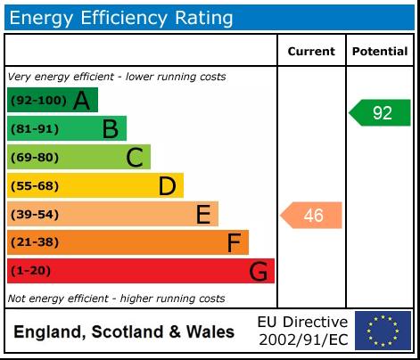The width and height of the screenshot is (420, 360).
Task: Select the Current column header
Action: click(x=311, y=52)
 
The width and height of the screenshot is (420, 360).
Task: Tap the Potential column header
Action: click(x=380, y=52)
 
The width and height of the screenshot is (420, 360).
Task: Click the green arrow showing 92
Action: click(x=380, y=113)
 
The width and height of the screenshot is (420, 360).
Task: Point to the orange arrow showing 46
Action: click(x=311, y=215)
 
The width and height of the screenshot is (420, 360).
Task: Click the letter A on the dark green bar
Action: click(x=81, y=101)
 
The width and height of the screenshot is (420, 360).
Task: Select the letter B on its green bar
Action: click(x=110, y=129)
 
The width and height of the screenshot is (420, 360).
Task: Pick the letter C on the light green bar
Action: click(x=135, y=158)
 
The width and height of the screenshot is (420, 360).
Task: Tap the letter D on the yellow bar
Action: click(x=167, y=186)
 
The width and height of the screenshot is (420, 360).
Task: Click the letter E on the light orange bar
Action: click(x=203, y=215)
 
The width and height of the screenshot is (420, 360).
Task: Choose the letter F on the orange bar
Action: click(x=234, y=243)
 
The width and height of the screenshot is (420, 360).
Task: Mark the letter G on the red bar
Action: click(x=259, y=272)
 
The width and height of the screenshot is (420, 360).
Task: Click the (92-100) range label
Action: click(x=37, y=101)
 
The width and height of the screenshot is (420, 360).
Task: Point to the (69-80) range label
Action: click(x=34, y=158)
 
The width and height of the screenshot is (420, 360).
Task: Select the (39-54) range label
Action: click(x=34, y=215)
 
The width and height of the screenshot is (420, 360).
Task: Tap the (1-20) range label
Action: click(x=31, y=272)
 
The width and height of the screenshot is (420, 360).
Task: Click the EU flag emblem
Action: click(x=383, y=331)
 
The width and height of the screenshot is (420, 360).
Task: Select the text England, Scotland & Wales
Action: click(x=124, y=332)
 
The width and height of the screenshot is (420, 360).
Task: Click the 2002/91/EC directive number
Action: click(x=302, y=340)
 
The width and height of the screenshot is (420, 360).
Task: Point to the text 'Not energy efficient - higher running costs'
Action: click(x=116, y=299)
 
